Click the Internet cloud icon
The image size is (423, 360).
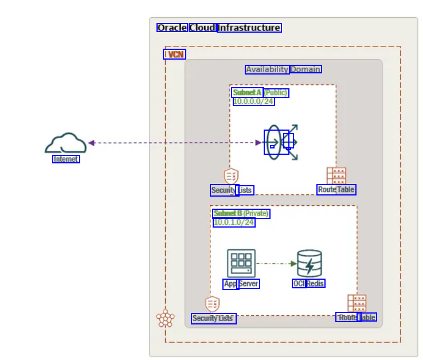click(65, 143)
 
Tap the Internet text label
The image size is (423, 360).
click(66, 159)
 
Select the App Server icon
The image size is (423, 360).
click(241, 263)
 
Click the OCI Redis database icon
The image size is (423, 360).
click(310, 263)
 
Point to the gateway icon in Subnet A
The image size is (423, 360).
click(281, 142)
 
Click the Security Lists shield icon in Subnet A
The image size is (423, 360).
click(231, 176)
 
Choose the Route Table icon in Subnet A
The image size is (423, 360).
click(336, 175)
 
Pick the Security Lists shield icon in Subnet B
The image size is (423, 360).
click(212, 304)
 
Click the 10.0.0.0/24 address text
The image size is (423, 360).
click(253, 101)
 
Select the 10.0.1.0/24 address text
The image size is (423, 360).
click(234, 222)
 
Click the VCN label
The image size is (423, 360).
click(176, 54)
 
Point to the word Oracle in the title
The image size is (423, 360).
click(172, 28)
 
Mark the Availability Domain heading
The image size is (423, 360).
click(283, 69)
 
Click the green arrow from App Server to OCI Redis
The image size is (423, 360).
click(276, 264)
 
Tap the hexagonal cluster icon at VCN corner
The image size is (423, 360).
click(165, 319)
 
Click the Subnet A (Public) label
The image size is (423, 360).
click(260, 93)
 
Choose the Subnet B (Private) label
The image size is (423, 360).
click(241, 214)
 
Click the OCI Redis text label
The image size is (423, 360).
click(308, 284)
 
